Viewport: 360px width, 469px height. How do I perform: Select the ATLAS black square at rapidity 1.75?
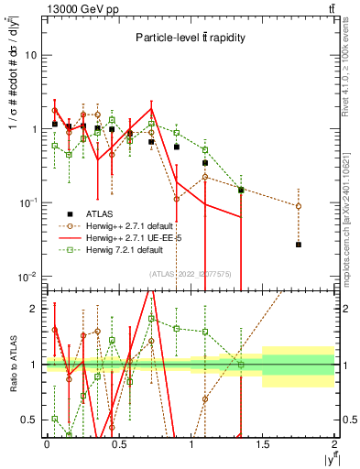coord(299,245)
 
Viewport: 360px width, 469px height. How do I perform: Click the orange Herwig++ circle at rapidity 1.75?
coord(299,206)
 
